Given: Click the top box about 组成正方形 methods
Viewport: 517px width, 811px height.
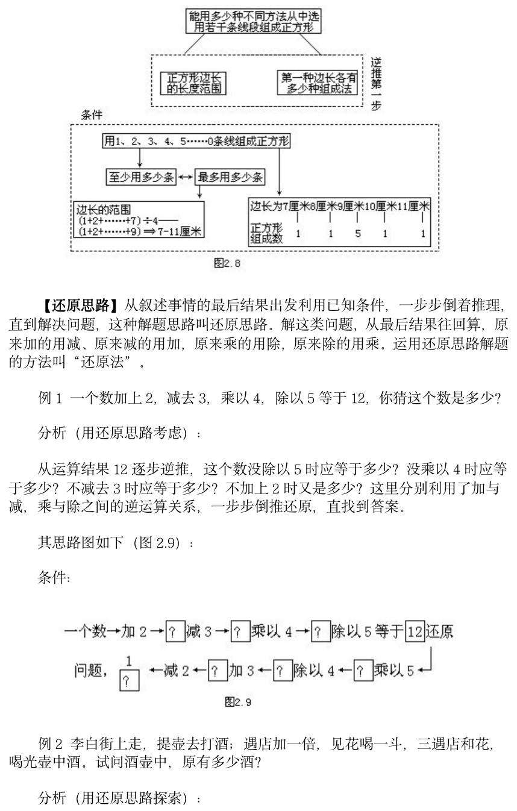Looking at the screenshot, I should tap(253, 20).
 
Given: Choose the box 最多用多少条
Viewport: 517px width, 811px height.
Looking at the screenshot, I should tap(231, 177).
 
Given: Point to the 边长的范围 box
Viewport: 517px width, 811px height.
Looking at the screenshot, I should tap(138, 220).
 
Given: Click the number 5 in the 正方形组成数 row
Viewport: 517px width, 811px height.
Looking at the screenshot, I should tap(358, 234).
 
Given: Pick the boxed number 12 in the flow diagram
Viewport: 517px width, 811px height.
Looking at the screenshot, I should tap(414, 632).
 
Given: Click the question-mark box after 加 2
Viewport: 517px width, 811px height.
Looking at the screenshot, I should tap(174, 632).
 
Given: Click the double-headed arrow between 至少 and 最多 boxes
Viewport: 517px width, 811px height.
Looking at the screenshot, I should tap(184, 177).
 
